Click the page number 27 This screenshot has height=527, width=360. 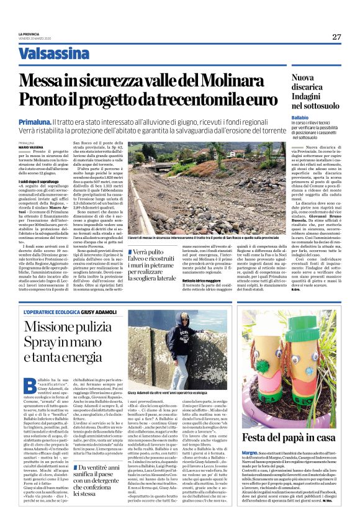tap(336, 37)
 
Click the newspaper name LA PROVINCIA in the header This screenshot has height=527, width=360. tap(29, 34)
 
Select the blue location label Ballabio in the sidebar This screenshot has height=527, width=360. tap(300, 117)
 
